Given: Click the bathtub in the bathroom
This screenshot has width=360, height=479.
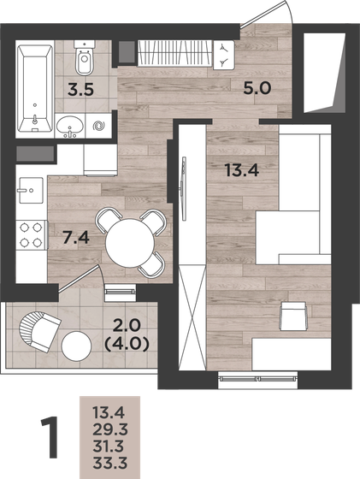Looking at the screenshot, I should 34,80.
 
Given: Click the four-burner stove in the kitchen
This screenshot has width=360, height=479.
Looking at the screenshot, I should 32,237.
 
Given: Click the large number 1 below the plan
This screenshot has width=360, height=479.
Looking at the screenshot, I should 52,437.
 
